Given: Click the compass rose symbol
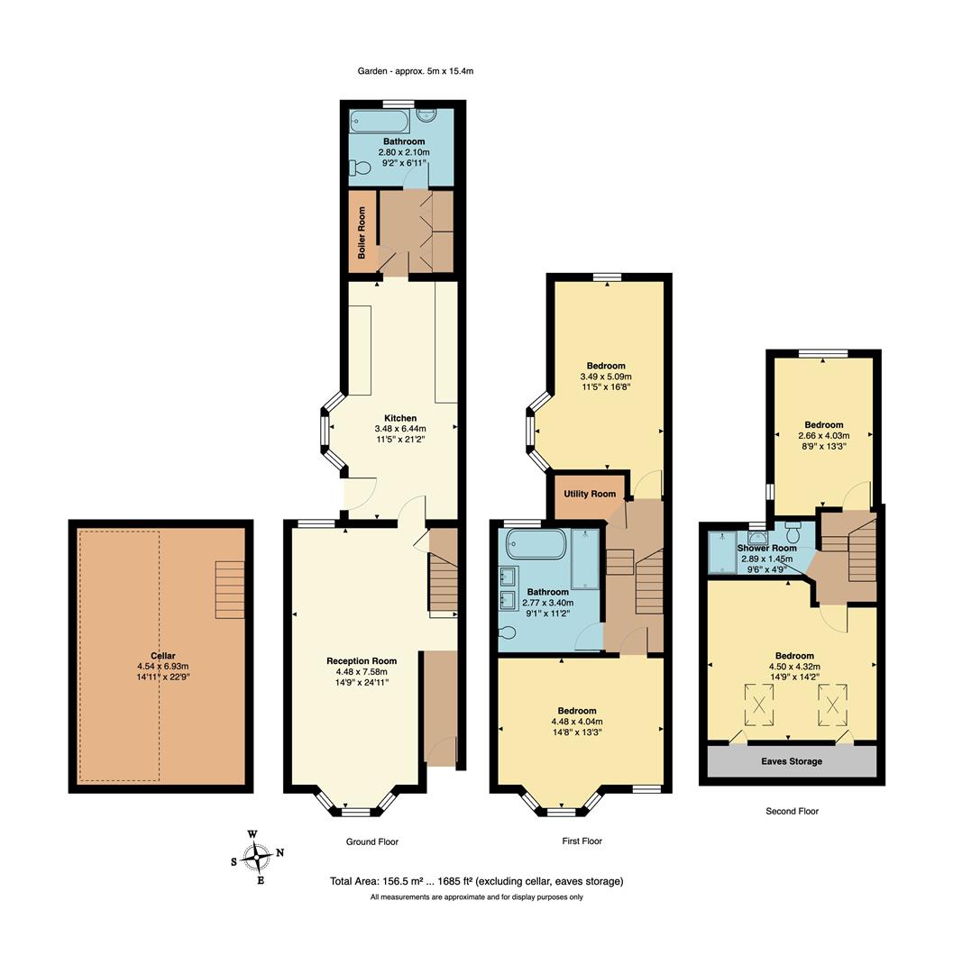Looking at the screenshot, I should point(259,856).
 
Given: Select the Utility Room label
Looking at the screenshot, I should point(590,494).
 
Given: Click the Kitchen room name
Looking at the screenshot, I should point(400,418).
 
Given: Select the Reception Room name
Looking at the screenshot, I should point(361,660).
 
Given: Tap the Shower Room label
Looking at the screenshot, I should point(766,548).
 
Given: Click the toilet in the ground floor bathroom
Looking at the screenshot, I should point(362,168).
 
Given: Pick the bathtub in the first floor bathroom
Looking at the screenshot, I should point(536,545).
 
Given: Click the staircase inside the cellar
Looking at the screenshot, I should point(230,590).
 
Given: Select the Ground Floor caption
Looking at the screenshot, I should point(371,841).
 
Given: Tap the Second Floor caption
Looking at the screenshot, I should point(792,811).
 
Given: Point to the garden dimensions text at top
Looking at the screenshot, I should point(416,70).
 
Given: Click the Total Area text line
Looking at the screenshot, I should point(477,881).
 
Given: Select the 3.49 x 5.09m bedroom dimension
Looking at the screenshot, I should point(605,377).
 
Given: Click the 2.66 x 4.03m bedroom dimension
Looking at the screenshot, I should point(823,436).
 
